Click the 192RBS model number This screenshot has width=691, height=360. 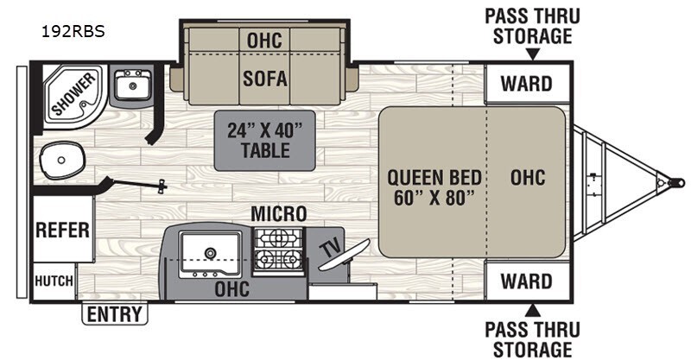(73, 32)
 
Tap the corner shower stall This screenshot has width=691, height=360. (73, 95)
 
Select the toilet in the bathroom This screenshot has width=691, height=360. (62, 160)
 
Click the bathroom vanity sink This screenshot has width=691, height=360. (133, 85)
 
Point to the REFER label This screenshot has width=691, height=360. (62, 230)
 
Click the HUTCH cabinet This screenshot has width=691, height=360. (54, 281)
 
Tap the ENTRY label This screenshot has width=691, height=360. (115, 314)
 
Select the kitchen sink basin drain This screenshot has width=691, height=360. (210, 253)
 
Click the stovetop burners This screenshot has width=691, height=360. (278, 250)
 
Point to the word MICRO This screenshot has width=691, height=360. (278, 214)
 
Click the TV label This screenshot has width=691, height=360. (329, 248)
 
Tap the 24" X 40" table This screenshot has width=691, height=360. (265, 141)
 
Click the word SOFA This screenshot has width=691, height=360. (265, 79)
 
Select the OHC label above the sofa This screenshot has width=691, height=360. (264, 41)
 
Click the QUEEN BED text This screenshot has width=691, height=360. (434, 178)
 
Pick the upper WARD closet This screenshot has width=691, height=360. (527, 83)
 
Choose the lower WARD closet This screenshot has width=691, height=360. (527, 281)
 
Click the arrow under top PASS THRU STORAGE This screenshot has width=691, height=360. (533, 54)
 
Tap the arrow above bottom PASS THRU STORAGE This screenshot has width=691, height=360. (533, 310)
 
